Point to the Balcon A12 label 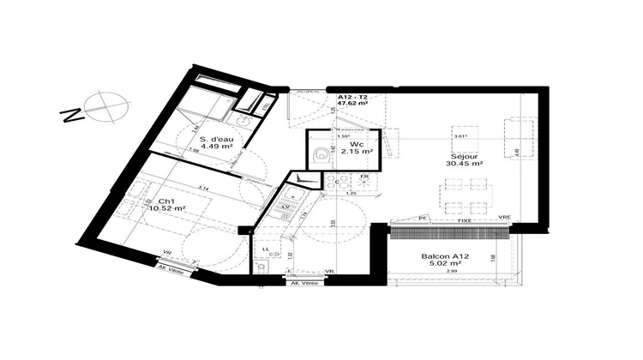click(444, 256)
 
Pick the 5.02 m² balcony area click(444, 265)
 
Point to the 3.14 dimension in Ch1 click(204, 187)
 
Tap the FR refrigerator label click(364, 177)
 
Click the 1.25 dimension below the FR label click(350, 194)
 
